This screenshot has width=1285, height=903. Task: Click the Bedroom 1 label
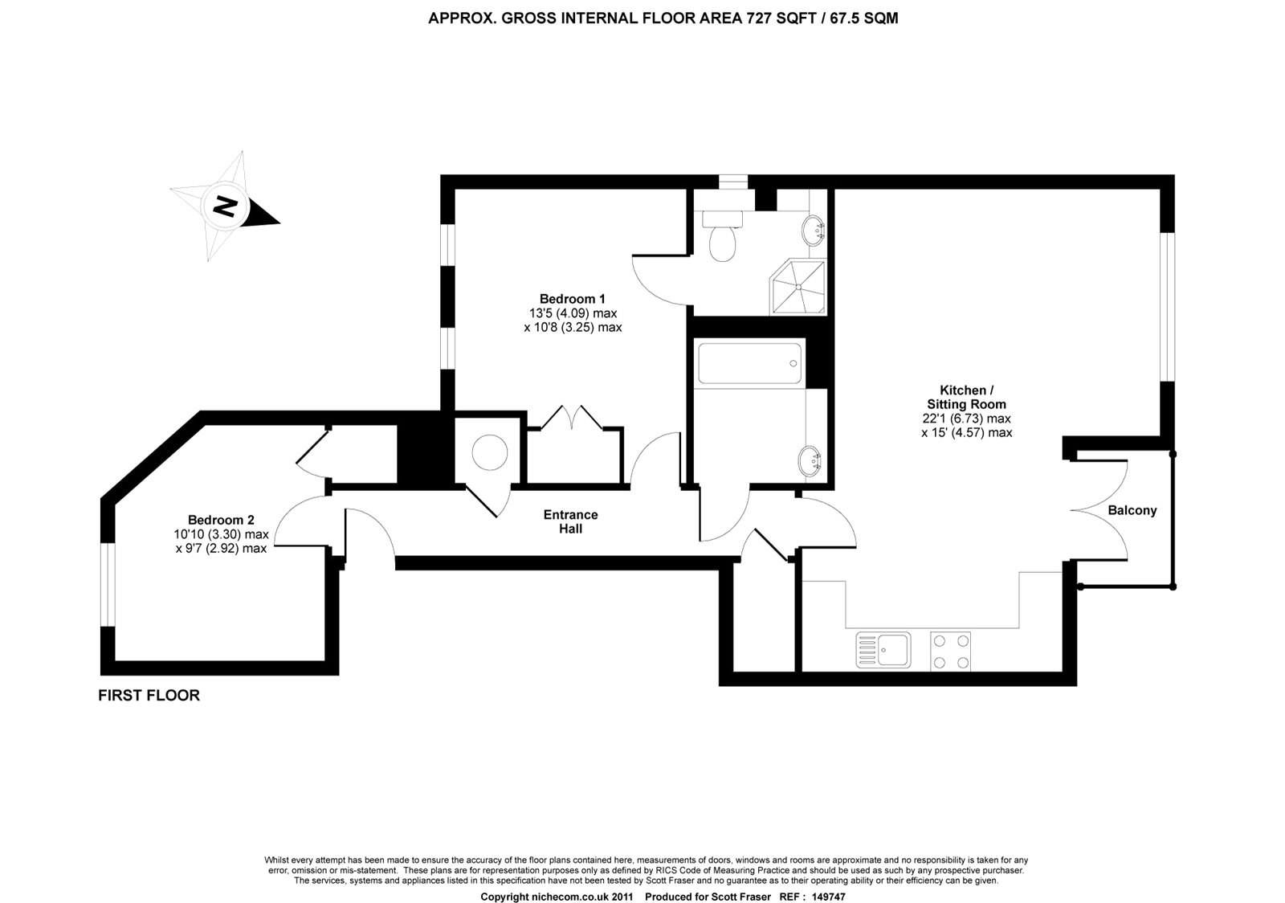[x=572, y=299]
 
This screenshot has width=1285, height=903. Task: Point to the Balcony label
[x=1132, y=510]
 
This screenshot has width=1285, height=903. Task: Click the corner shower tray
[x=798, y=286]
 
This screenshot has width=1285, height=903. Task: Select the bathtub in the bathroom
[x=749, y=363]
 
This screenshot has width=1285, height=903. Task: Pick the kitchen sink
[x=883, y=650]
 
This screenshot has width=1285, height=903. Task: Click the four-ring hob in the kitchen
[x=950, y=651]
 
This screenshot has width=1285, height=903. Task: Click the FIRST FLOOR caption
[x=149, y=696]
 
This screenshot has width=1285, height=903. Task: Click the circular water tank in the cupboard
[x=489, y=454]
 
